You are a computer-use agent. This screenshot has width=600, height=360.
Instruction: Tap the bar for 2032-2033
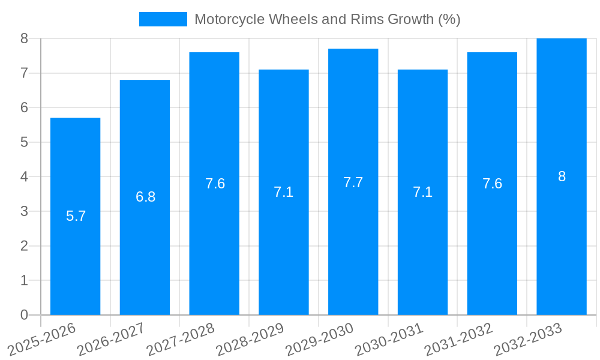click(562, 240)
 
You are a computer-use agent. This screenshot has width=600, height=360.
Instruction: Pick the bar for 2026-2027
click(145, 252)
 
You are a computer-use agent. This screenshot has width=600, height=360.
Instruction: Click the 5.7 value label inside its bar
click(76, 216)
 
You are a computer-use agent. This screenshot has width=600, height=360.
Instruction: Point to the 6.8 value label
click(145, 197)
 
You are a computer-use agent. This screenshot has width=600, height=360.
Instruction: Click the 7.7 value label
click(353, 182)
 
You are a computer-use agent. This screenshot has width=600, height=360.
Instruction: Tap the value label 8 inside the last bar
click(562, 176)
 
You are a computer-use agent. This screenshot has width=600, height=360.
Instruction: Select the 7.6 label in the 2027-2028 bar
click(215, 184)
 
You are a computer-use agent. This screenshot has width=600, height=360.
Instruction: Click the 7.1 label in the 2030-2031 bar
click(422, 192)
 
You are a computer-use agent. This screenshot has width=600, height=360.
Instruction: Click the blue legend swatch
click(163, 19)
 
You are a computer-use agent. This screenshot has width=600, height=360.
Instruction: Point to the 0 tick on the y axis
click(24, 315)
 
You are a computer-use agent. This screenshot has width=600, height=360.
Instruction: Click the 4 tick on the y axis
click(24, 177)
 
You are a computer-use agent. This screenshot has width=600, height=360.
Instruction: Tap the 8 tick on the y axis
click(24, 38)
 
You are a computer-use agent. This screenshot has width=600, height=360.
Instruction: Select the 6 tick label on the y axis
click(24, 107)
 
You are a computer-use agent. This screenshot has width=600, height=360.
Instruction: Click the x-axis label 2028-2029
click(251, 340)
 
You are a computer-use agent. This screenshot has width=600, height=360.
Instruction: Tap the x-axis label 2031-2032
click(459, 340)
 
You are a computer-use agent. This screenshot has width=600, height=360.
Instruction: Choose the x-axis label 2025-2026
click(43, 340)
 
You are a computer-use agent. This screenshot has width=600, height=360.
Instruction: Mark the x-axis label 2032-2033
click(529, 340)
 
